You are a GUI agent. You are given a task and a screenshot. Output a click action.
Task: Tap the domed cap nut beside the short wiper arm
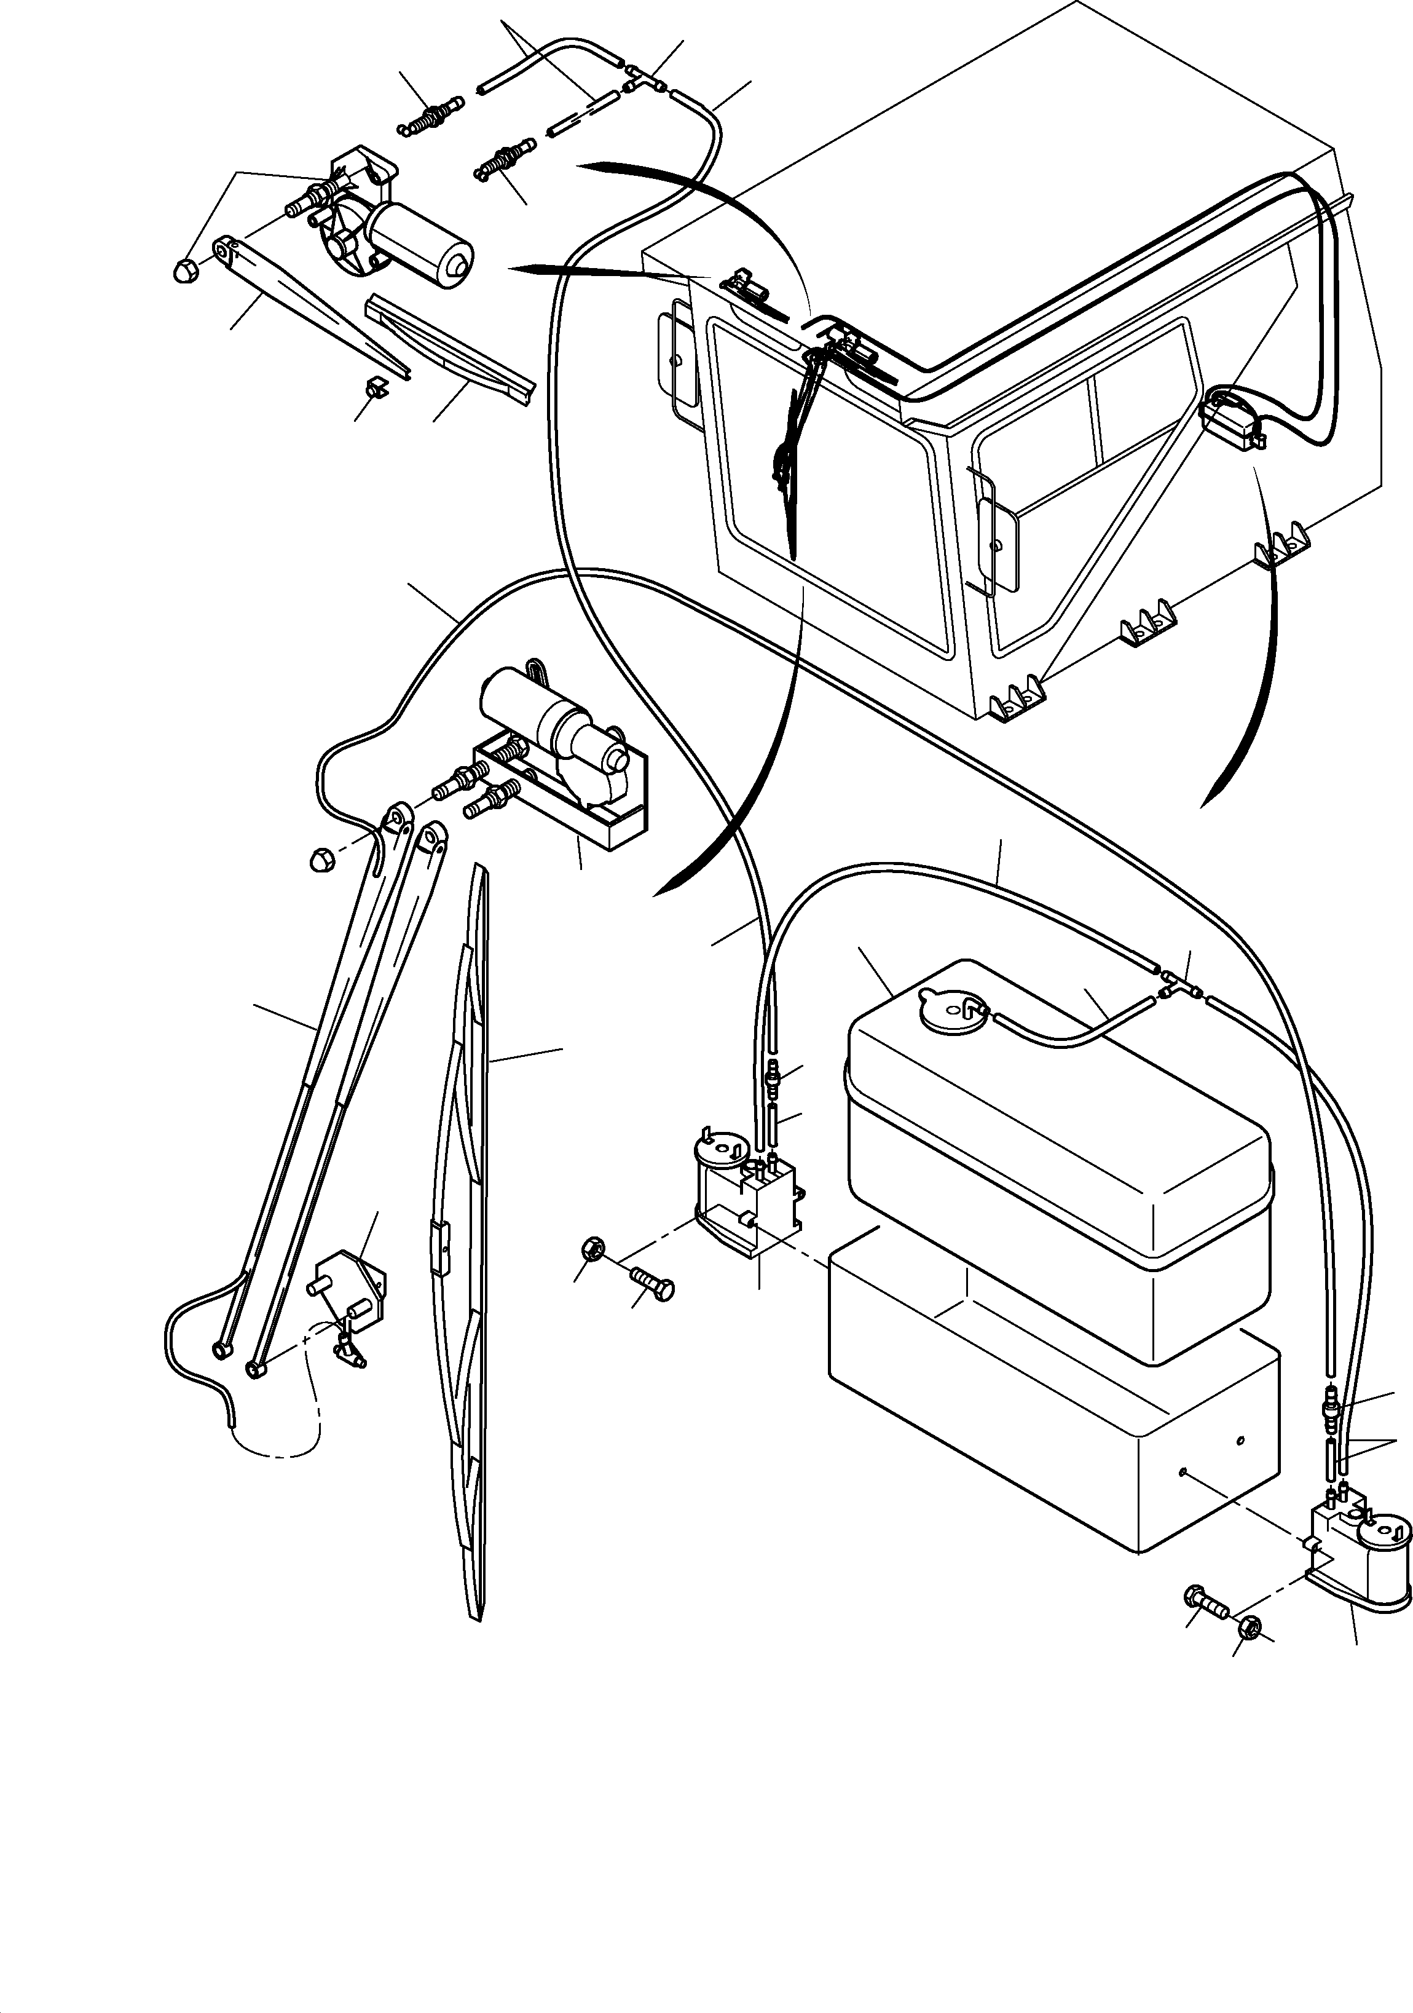(x=185, y=271)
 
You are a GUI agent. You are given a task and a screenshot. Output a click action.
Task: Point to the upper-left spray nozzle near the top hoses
(x=430, y=119)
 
